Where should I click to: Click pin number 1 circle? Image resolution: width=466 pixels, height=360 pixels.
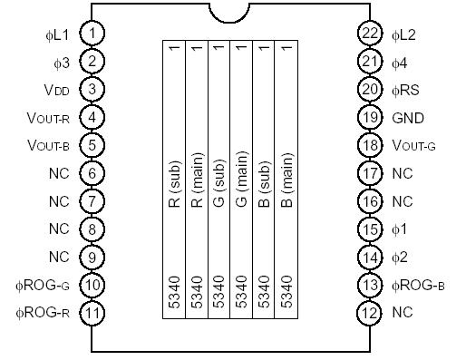92,34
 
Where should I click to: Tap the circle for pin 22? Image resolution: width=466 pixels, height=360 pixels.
368,34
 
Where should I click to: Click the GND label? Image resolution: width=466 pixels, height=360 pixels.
407,118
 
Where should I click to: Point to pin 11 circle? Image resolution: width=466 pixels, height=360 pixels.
92,313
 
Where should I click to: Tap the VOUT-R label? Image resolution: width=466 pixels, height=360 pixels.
49,118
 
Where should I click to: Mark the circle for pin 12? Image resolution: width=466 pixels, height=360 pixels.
368,313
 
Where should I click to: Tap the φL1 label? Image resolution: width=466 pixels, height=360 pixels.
57,34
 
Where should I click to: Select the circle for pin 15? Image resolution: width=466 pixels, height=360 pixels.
368,229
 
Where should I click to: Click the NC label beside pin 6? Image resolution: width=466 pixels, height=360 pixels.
59,173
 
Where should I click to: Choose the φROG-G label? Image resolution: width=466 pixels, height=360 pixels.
44,286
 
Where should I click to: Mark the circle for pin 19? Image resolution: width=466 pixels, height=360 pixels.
368,118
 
